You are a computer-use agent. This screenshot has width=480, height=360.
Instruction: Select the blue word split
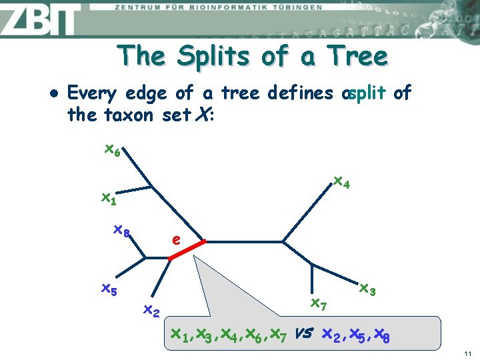(x=367, y=93)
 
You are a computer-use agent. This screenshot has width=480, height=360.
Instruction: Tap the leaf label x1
(x=108, y=198)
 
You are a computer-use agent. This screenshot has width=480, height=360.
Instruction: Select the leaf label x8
(x=121, y=231)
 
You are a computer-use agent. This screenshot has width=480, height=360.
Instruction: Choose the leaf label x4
(x=341, y=181)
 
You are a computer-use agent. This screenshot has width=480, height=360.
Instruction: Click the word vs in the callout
(x=305, y=332)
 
